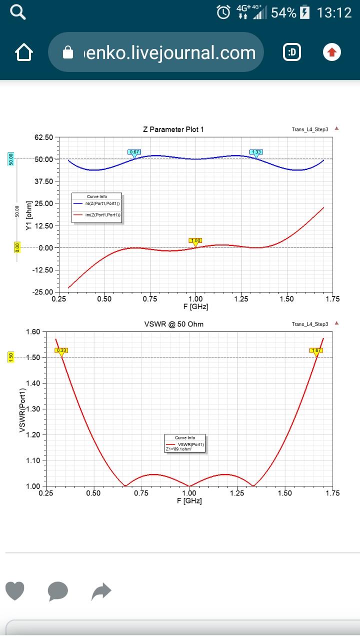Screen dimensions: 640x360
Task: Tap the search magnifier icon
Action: tap(18, 12)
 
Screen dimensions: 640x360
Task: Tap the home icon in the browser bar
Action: tap(24, 52)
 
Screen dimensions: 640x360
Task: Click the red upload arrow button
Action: tap(332, 52)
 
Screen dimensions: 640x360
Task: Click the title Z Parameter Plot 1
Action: tap(173, 129)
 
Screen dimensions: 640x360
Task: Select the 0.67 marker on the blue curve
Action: tap(134, 152)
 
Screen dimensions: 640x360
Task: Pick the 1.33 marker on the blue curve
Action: tap(256, 152)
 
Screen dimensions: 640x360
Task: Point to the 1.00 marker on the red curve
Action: tap(195, 240)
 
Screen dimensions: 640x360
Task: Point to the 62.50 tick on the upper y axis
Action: tap(44, 137)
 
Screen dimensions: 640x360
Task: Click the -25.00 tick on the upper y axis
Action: tap(43, 292)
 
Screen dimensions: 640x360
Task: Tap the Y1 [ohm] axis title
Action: tap(29, 220)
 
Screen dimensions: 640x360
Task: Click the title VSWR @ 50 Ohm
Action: tap(173, 324)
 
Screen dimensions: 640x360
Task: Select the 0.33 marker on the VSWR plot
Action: tap(61, 350)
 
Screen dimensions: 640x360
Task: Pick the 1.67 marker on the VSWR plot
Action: tap(316, 350)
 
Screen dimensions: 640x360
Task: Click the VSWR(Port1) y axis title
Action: tap(22, 408)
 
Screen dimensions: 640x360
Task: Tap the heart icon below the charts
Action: tap(15, 591)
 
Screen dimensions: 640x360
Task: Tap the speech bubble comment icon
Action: tap(57, 591)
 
